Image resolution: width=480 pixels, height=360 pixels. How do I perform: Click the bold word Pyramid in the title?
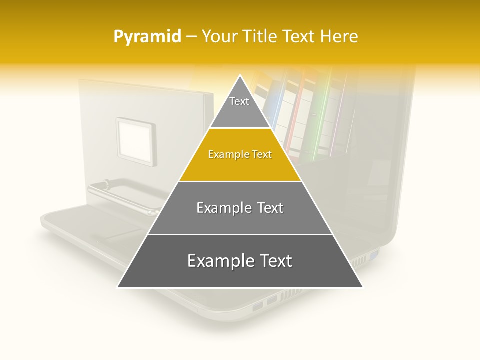[x=147, y=37]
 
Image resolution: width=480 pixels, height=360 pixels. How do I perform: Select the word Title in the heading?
[x=261, y=37]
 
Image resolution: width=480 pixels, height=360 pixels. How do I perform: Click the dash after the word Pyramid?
[x=191, y=37]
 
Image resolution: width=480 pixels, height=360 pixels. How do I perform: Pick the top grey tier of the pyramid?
[x=240, y=107]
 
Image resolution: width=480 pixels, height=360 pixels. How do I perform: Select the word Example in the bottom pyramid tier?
[x=218, y=261]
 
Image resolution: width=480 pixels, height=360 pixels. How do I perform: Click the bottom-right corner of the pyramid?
[x=362, y=287]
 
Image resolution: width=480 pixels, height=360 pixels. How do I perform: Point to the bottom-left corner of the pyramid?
[x=118, y=287]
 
